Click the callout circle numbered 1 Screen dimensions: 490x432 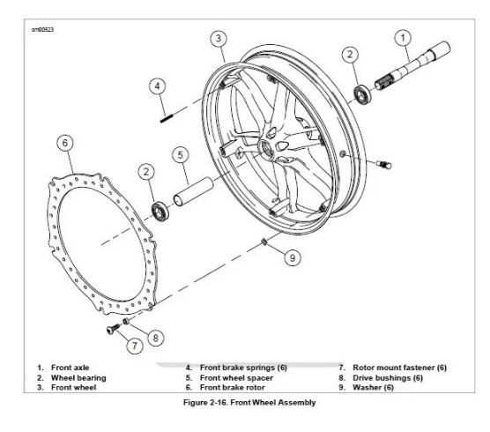coord(403,38)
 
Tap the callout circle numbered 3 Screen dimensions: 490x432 coord(219,39)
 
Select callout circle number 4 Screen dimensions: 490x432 coord(157,86)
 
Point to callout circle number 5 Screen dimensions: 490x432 coord(181,155)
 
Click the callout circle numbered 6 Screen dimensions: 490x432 coord(65,143)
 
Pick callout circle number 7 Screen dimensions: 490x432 coord(135,346)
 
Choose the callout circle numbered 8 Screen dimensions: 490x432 coord(156,338)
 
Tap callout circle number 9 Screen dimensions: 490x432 coord(293,258)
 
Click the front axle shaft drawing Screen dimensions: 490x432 coord(412,66)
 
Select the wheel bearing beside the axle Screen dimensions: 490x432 coord(362,94)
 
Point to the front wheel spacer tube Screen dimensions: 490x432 coord(193,192)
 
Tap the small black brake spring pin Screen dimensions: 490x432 coord(167,119)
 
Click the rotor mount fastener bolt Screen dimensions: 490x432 coord(113,329)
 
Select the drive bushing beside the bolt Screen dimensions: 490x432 coord(126,321)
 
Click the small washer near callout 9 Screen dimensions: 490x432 coord(264,242)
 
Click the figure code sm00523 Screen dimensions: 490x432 coord(42,30)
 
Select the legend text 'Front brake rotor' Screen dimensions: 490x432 coord(232,388)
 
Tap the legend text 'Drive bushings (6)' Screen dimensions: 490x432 coord(388,378)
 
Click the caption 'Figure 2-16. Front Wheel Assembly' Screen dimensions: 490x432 coord(249,402)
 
